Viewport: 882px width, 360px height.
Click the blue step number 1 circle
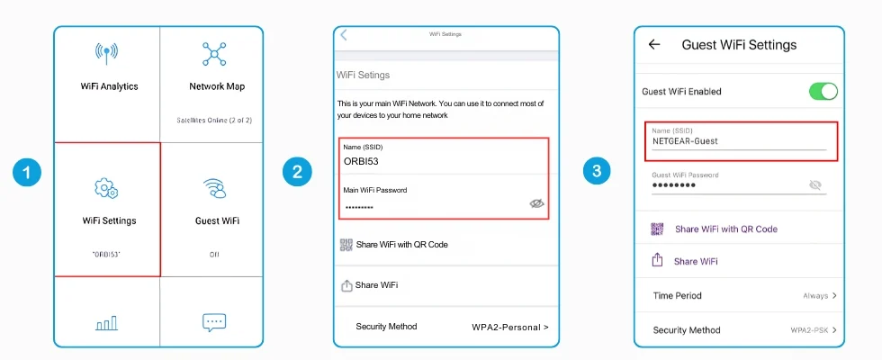26,172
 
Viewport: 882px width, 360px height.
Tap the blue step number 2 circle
297,172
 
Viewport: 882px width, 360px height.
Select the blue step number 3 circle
597,172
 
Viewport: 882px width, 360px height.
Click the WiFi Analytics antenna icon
106,53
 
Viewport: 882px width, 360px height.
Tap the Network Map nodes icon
214,53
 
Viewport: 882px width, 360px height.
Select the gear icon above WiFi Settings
106,188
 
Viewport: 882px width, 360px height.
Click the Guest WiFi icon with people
214,188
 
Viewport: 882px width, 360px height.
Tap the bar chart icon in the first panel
106,323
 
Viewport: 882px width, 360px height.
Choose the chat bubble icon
214,322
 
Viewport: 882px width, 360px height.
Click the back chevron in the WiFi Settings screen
344,35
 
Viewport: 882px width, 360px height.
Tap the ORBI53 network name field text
361,161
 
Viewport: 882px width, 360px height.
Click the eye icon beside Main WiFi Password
537,203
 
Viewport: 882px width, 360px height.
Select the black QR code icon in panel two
346,245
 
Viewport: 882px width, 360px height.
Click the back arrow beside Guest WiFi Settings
653,44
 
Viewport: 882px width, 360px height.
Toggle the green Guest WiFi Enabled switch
823,91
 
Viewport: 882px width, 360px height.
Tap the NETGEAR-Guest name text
685,141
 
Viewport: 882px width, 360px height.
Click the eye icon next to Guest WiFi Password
815,185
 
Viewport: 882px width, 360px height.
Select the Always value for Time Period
815,296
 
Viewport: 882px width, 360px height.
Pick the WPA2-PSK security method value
809,330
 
